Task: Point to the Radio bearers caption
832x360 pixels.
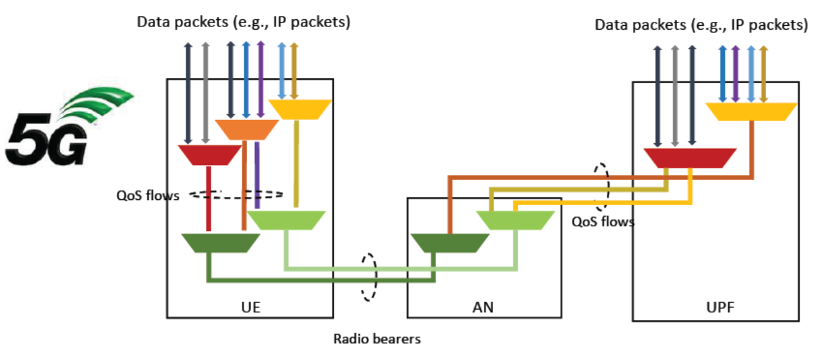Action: coord(377,338)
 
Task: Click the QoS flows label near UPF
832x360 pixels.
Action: coord(603,222)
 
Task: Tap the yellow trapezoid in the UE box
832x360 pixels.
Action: coord(299,109)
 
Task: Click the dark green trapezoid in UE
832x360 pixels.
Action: coord(220,243)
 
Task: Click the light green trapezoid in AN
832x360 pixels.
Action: coord(516,221)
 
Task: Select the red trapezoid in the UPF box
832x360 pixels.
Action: coord(690,157)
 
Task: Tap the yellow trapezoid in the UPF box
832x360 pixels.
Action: coord(751,112)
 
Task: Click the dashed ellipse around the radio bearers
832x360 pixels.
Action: coord(369,276)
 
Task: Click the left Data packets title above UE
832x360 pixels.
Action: coord(243,22)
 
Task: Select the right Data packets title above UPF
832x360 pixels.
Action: coord(701,25)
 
